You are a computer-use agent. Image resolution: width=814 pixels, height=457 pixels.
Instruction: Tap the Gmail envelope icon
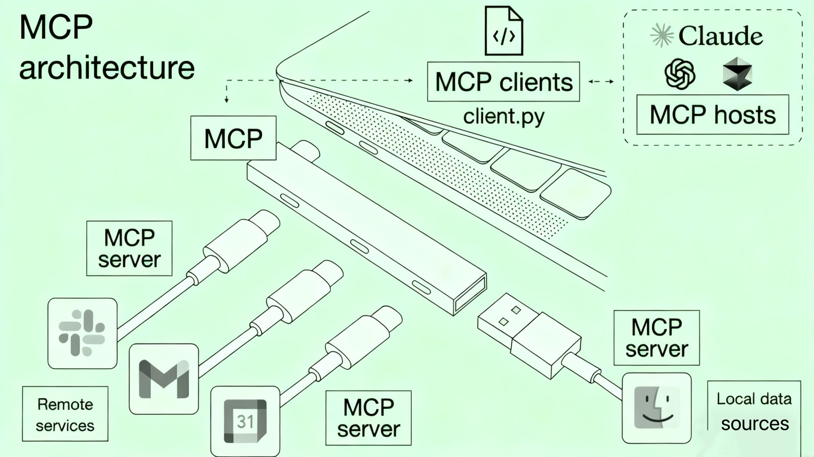pyautogui.click(x=164, y=379)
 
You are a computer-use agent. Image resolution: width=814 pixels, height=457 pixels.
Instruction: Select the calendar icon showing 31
pyautogui.click(x=245, y=421)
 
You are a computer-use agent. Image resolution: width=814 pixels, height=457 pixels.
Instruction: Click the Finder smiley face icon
pyautogui.click(x=657, y=408)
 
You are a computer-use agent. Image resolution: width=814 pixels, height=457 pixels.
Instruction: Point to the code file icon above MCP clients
pyautogui.click(x=504, y=31)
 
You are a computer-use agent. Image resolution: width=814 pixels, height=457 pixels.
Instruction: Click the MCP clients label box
pyautogui.click(x=503, y=82)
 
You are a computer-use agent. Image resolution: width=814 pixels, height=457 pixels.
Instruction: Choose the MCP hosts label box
pyautogui.click(x=713, y=115)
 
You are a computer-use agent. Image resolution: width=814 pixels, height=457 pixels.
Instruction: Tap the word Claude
pyautogui.click(x=720, y=36)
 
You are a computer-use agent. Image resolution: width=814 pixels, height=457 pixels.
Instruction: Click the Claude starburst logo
pyautogui.click(x=662, y=35)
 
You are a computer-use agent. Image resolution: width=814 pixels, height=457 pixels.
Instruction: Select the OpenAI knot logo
pyautogui.click(x=680, y=74)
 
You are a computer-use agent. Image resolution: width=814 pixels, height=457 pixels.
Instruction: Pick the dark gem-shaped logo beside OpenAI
pyautogui.click(x=737, y=74)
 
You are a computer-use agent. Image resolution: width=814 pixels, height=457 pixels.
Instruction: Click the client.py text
pyautogui.click(x=504, y=116)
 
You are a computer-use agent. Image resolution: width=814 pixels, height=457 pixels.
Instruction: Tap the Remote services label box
pyautogui.click(x=65, y=414)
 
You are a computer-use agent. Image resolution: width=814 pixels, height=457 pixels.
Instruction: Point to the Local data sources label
pyautogui.click(x=754, y=411)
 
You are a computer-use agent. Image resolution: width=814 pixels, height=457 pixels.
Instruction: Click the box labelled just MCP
pyautogui.click(x=233, y=138)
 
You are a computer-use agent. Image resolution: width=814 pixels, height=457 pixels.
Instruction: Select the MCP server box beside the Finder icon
pyautogui.click(x=657, y=338)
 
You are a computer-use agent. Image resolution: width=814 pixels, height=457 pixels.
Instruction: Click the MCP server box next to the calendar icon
pyautogui.click(x=369, y=418)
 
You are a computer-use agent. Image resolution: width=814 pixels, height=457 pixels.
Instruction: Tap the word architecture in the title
pyautogui.click(x=107, y=68)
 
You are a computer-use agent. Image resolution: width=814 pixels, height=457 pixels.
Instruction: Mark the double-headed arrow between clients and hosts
pyautogui.click(x=601, y=82)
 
